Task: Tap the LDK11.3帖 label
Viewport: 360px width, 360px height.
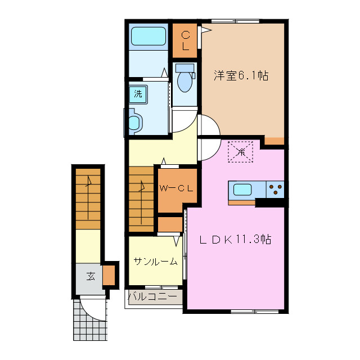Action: [236, 240]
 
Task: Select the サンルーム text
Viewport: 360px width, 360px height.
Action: [155, 261]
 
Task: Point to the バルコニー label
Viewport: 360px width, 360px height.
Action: [155, 296]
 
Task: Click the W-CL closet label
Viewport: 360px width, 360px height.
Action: [176, 188]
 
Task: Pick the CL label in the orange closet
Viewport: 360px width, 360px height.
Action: [185, 40]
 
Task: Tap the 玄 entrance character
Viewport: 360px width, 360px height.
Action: [90, 276]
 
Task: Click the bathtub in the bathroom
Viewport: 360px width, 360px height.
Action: [148, 37]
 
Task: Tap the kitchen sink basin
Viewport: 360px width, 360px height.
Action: [243, 190]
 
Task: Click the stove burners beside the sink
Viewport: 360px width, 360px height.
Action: [276, 190]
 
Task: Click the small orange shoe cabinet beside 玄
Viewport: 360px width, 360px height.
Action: [109, 274]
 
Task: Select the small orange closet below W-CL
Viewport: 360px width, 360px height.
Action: [169, 224]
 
